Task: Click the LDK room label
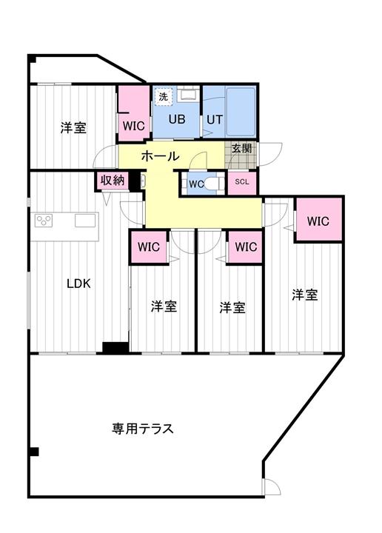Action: click(x=78, y=282)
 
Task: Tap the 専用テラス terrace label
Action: click(x=143, y=428)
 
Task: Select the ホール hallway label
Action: click(x=159, y=156)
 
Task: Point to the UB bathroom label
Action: click(x=176, y=118)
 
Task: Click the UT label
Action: click(x=214, y=118)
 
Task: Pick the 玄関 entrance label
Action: click(x=241, y=148)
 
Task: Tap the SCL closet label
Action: click(x=242, y=182)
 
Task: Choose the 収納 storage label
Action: click(x=112, y=181)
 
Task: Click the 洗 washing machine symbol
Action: click(x=162, y=95)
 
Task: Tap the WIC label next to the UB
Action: click(x=134, y=126)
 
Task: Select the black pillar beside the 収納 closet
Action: click(x=135, y=181)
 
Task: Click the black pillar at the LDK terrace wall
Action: click(x=115, y=348)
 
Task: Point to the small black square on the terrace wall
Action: click(x=33, y=452)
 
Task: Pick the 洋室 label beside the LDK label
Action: click(x=164, y=306)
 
